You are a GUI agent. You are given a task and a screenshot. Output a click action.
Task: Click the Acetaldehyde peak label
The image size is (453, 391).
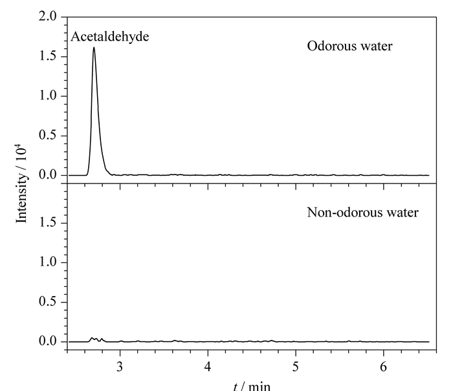pyautogui.click(x=110, y=37)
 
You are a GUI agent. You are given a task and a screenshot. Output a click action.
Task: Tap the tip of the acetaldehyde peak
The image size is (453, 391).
pyautogui.click(x=94, y=47)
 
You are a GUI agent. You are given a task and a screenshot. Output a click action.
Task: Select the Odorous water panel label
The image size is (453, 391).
pyautogui.click(x=349, y=46)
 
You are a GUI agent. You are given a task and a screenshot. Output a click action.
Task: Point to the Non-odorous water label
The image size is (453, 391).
pyautogui.click(x=362, y=213)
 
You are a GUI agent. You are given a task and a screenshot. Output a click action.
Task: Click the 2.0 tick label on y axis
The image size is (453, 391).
pyautogui.click(x=48, y=16)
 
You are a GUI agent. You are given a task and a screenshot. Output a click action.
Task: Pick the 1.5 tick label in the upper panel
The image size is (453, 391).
pyautogui.click(x=48, y=56)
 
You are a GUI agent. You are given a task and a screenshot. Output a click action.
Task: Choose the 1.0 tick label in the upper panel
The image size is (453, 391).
pyautogui.click(x=48, y=96)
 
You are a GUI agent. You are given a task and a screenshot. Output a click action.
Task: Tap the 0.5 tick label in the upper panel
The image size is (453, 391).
pyautogui.click(x=48, y=135)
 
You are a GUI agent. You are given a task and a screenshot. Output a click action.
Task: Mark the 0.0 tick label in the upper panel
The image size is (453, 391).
pyautogui.click(x=48, y=175)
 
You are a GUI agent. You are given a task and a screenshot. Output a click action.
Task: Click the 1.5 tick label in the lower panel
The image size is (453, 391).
pyautogui.click(x=48, y=223)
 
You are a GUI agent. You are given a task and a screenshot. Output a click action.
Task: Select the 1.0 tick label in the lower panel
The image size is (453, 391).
pyautogui.click(x=48, y=262)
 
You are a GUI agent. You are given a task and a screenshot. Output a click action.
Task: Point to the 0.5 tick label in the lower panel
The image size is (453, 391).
pyautogui.click(x=48, y=302)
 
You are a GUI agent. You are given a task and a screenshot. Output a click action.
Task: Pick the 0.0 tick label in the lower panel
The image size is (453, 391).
pyautogui.click(x=48, y=341)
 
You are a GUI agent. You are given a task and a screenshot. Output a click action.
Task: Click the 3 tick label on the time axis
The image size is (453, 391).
pyautogui.click(x=120, y=367)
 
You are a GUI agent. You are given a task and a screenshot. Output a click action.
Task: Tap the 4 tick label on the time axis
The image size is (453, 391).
pyautogui.click(x=208, y=367)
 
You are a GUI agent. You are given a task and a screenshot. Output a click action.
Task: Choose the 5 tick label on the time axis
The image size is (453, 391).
pyautogui.click(x=296, y=367)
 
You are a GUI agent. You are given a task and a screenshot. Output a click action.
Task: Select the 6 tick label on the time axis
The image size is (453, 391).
pyautogui.click(x=383, y=367)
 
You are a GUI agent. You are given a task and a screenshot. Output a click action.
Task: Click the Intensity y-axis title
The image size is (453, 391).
pyautogui.click(x=21, y=184)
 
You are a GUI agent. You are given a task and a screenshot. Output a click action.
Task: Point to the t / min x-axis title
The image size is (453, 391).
pyautogui.click(x=252, y=386)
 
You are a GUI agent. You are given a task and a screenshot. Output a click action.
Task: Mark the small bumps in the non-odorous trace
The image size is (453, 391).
pyautogui.click(x=96, y=339)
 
